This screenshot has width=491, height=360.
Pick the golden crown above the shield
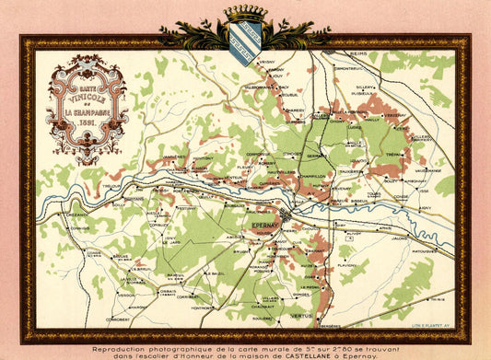pos(245,13)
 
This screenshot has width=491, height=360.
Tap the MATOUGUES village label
pos(425,250)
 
